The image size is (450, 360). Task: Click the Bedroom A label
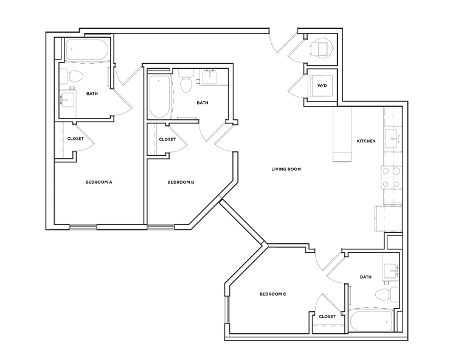pos(99,182)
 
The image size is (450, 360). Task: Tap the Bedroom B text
pos(181,182)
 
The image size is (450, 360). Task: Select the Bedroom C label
pos(272,294)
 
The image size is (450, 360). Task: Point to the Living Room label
pos(286,169)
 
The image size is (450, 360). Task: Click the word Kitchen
pos(366,141)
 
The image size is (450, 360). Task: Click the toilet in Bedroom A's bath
pos(76,77)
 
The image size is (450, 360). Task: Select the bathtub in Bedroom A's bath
pos(87,51)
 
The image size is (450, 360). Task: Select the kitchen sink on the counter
pos(392,137)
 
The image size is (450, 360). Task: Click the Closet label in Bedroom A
pos(75,139)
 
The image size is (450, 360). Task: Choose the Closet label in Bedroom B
pos(167,139)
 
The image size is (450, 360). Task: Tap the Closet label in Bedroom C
pos(327,316)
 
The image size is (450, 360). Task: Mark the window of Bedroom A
pos(83,227)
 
